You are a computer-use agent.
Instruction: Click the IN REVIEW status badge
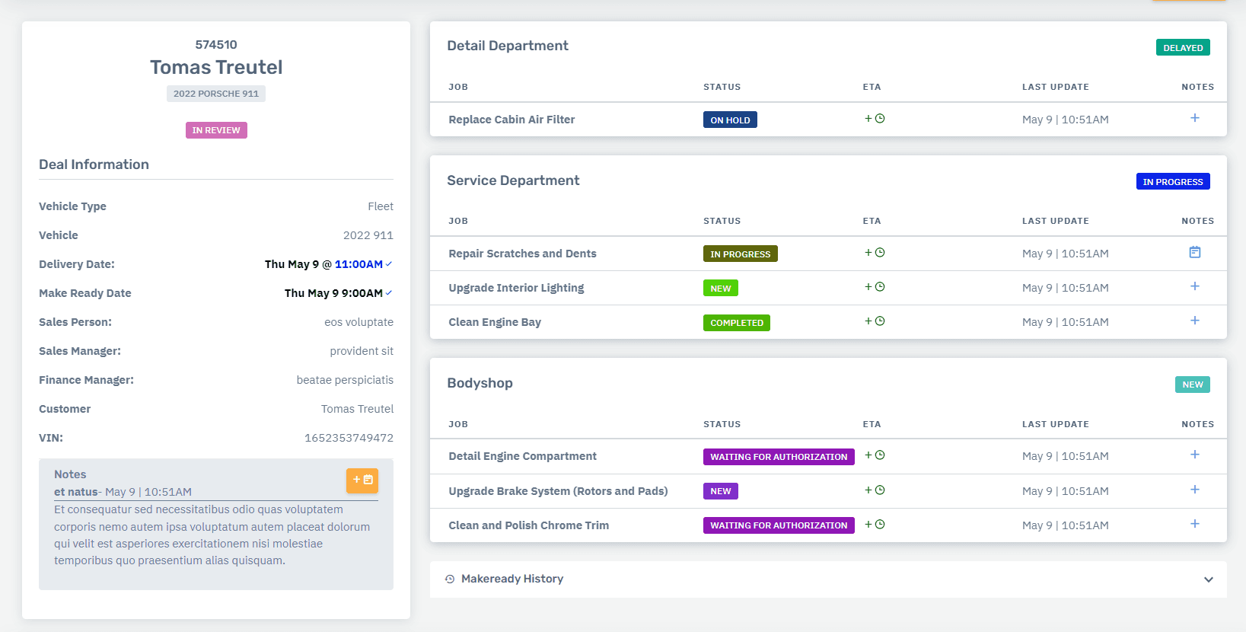[x=216, y=130]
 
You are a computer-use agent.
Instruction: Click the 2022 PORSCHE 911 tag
[x=216, y=94]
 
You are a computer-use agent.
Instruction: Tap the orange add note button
[x=362, y=480]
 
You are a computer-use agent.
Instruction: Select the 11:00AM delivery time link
[x=359, y=264]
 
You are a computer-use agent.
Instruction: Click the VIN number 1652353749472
[x=349, y=438]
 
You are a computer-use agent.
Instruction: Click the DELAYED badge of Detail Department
[x=1183, y=48]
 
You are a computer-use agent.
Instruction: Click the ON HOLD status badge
[x=730, y=120]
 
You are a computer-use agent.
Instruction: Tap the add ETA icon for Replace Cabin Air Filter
[x=875, y=119]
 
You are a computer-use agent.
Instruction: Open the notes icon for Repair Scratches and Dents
[x=1195, y=252]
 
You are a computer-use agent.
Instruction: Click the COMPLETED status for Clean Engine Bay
[x=736, y=323]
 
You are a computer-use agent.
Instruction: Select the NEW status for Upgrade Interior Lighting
[x=720, y=289]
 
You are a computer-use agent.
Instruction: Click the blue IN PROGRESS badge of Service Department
[x=1172, y=182]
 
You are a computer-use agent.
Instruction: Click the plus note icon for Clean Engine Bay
[x=1195, y=321]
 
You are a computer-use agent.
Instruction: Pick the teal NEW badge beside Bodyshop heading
[x=1192, y=385]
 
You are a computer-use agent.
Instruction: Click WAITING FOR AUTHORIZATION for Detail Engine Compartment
[x=778, y=457]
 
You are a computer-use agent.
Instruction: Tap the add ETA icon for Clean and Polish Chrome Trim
[x=875, y=525]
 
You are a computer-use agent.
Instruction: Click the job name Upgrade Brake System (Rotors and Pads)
[x=558, y=491]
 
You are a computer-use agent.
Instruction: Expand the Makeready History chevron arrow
[x=1209, y=579]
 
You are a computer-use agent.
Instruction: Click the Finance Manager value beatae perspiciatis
[x=345, y=380]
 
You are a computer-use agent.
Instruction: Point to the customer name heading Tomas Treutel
[x=216, y=67]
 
